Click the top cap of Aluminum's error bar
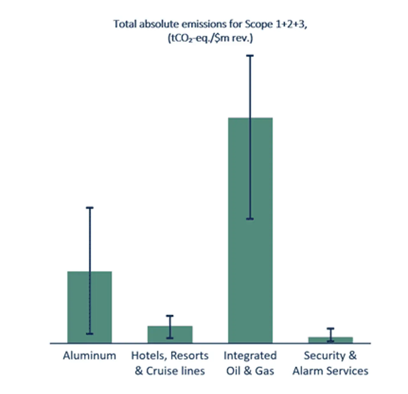(90, 208)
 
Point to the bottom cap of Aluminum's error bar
(90, 334)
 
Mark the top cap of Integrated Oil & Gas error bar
(250, 56)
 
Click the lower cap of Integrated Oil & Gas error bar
(250, 219)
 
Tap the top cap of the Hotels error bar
(170, 316)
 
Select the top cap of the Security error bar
(331, 328)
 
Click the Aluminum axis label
(90, 355)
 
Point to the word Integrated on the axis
(250, 355)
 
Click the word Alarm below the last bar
(309, 371)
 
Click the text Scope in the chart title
(259, 24)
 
